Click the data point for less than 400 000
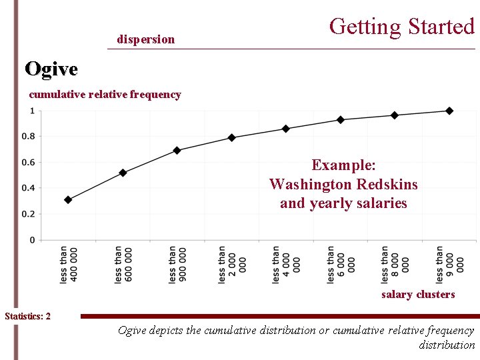[x=68, y=199]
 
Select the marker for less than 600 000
[x=123, y=173]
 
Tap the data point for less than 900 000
[x=177, y=150]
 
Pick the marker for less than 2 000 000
[x=232, y=137]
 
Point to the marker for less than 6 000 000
[x=341, y=120]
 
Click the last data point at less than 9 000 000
[x=449, y=111]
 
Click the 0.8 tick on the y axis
[x=29, y=137]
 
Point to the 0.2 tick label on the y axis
[x=29, y=214]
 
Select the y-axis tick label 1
[x=32, y=111]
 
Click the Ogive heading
[x=51, y=68]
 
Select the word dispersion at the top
[x=145, y=39]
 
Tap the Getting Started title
[x=401, y=27]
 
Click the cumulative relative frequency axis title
[x=105, y=94]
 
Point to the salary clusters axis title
[x=417, y=294]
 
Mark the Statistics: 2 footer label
[x=27, y=316]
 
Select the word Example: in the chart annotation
[x=343, y=165]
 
